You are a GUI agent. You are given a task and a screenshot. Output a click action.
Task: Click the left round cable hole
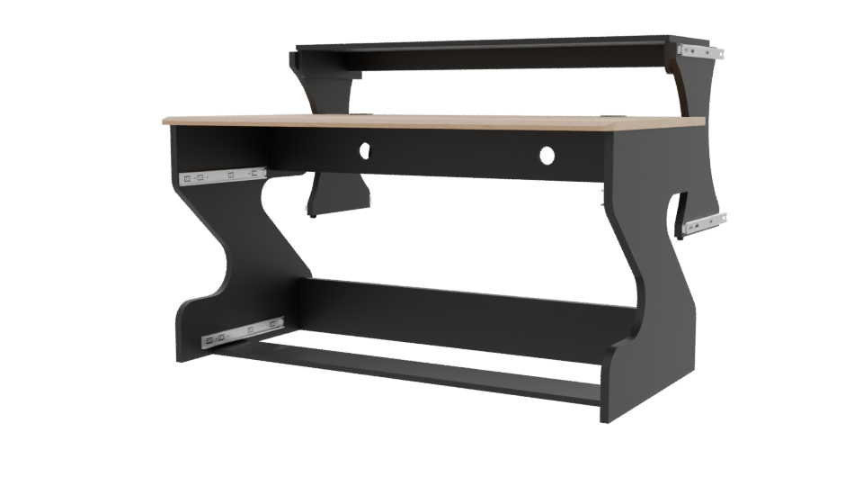click(x=366, y=150)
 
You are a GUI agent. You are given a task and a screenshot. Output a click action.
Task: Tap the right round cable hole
click(x=547, y=156)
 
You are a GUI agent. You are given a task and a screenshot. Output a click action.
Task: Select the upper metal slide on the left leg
click(x=222, y=174)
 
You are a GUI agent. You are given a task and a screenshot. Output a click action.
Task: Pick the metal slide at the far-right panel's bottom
click(x=704, y=223)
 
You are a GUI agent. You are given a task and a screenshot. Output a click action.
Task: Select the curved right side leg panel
click(x=643, y=297)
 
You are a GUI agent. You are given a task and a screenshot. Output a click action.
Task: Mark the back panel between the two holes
click(x=456, y=153)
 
